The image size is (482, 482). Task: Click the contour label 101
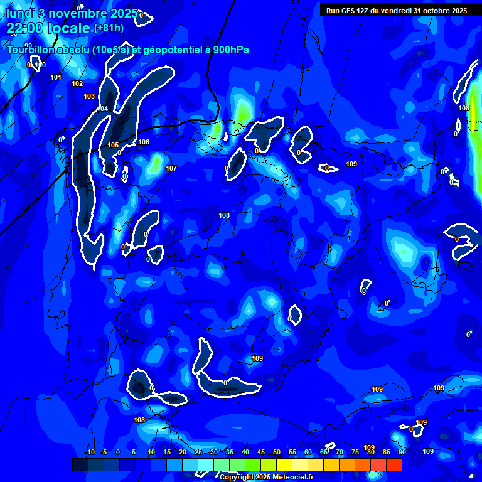click(x=56, y=77)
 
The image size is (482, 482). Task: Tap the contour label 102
click(x=77, y=83)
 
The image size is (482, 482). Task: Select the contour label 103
click(x=89, y=96)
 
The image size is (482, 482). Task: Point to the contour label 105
click(x=113, y=145)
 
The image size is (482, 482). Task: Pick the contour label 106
click(x=144, y=142)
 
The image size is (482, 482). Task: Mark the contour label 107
click(x=171, y=168)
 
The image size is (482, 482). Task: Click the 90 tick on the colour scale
click(x=402, y=452)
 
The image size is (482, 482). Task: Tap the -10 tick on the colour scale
click(x=89, y=452)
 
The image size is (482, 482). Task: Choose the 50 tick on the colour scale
click(x=277, y=452)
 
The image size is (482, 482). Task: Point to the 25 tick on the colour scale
click(x=198, y=452)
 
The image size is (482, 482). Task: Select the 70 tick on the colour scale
click(x=340, y=452)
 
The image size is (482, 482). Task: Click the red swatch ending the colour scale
click(x=394, y=464)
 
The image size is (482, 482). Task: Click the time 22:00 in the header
click(x=25, y=28)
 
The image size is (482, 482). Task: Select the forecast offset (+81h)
click(x=109, y=28)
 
